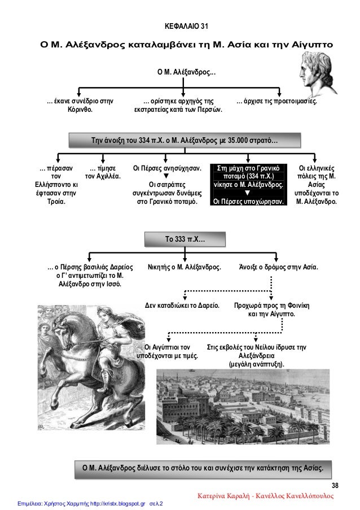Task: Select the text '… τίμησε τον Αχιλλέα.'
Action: click(x=103, y=172)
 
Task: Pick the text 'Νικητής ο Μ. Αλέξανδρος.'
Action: click(x=184, y=266)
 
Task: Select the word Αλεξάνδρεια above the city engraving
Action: click(x=257, y=356)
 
